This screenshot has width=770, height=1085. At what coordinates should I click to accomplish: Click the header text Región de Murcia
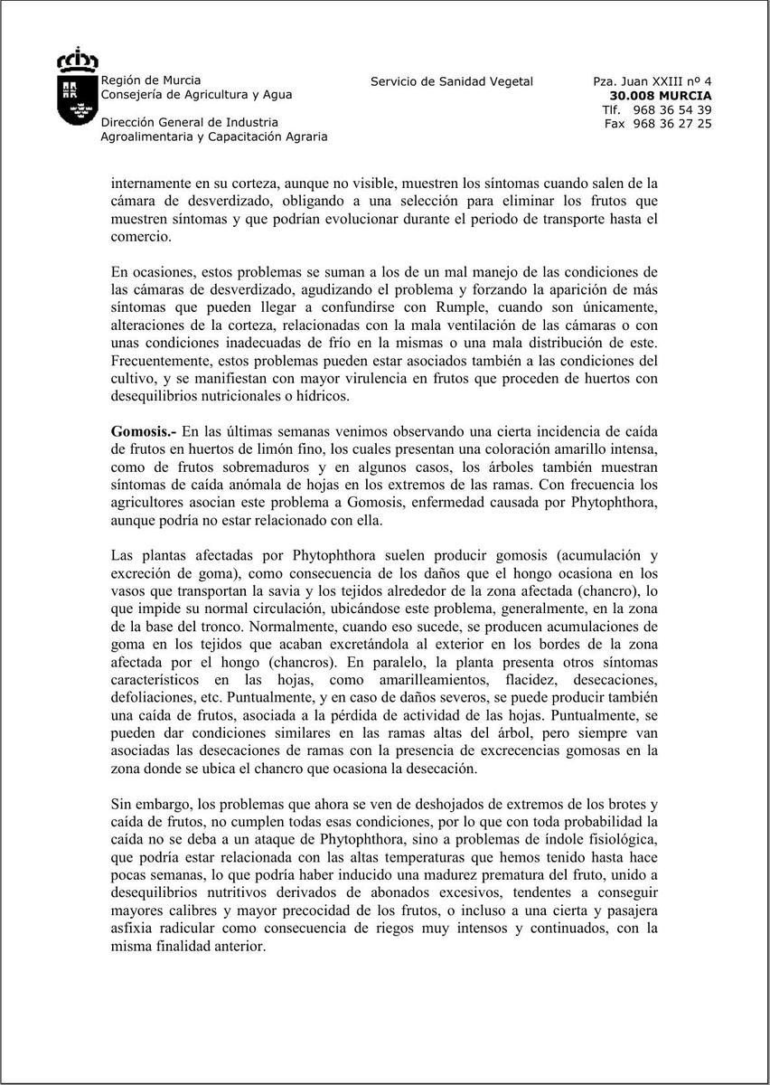(x=151, y=80)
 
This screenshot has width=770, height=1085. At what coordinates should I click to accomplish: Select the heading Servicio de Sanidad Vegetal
(x=452, y=81)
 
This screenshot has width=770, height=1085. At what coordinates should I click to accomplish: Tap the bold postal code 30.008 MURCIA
(x=661, y=96)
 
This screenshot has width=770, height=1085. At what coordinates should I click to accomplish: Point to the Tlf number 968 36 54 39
(x=672, y=109)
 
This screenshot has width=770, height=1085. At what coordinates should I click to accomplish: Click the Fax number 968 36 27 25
(x=672, y=124)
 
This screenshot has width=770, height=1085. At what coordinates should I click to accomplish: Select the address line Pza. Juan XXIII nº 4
(x=653, y=81)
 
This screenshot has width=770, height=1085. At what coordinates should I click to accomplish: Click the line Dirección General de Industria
(x=190, y=122)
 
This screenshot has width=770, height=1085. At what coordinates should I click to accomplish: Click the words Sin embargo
(x=146, y=803)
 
